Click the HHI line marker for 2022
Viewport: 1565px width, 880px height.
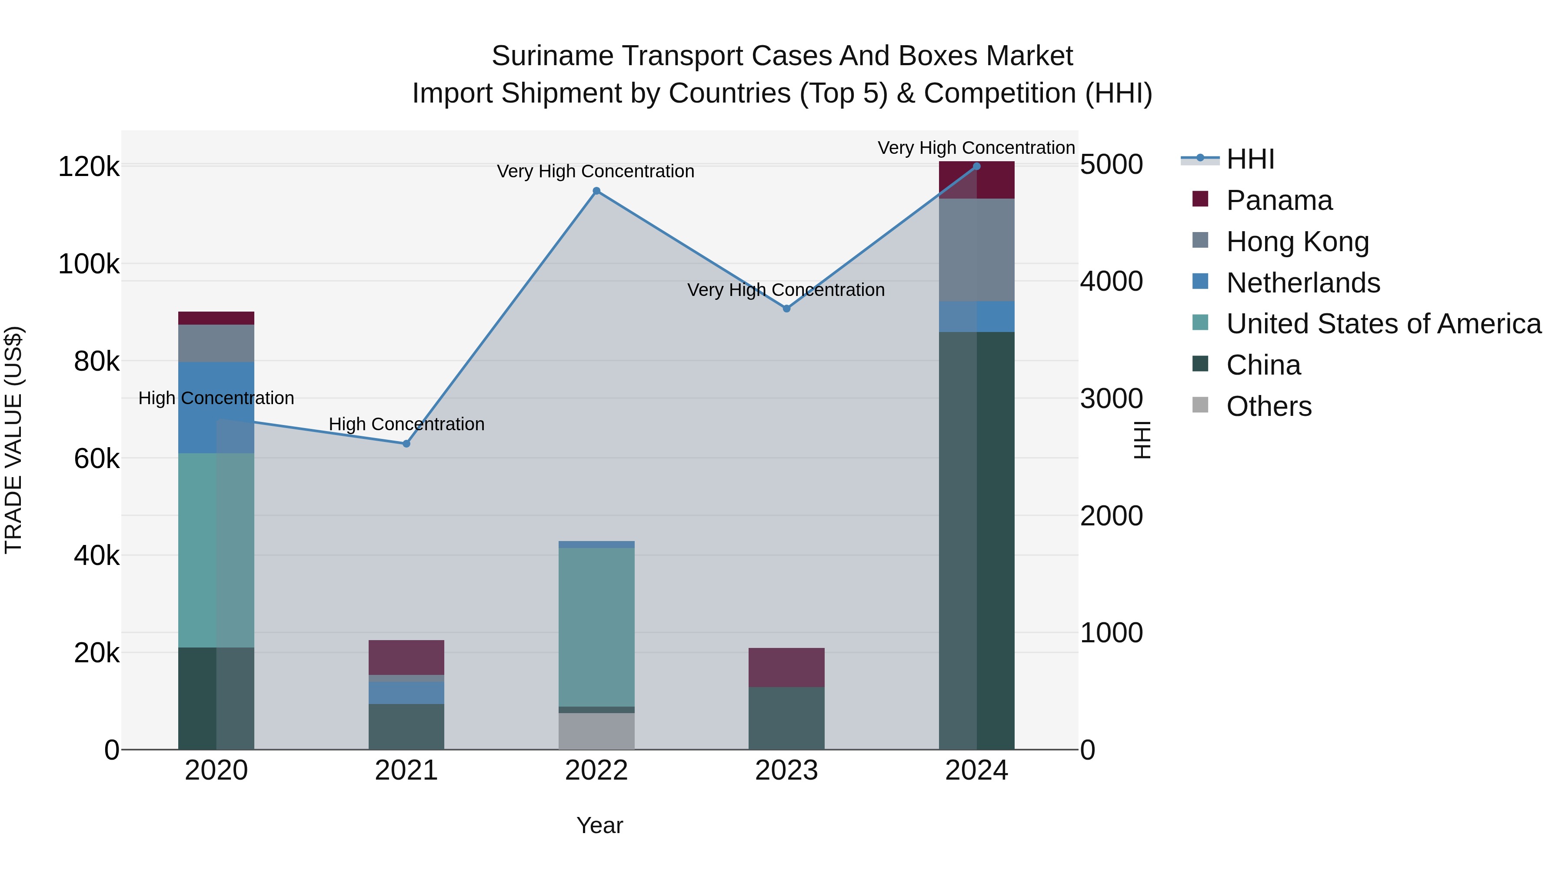point(596,191)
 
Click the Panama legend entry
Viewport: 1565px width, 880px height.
point(1279,200)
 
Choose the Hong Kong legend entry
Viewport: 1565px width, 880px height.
point(1297,242)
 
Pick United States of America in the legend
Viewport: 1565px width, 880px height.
point(1383,324)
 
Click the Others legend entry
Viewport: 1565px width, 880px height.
point(1269,406)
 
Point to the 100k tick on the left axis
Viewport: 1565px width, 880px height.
point(89,265)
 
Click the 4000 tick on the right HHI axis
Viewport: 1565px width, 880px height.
point(1111,281)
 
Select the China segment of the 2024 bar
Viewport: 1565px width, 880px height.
point(976,541)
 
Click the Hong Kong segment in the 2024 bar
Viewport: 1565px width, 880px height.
point(976,249)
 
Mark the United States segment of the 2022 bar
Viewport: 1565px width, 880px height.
point(596,627)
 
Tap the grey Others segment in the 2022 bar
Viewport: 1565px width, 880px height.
point(596,731)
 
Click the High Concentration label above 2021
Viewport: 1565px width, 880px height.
point(406,424)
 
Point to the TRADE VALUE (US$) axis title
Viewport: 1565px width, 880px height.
point(13,440)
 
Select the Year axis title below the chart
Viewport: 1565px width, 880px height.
point(599,825)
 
